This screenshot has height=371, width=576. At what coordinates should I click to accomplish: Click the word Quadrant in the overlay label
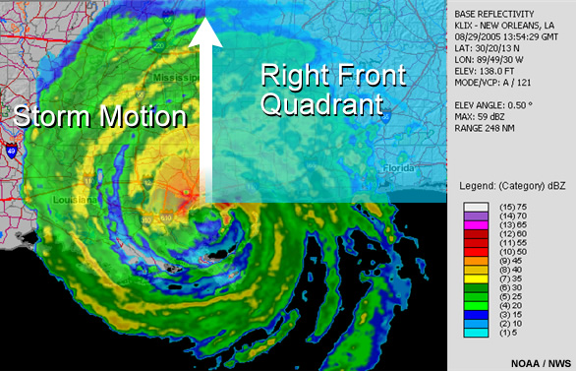coord(320,102)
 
